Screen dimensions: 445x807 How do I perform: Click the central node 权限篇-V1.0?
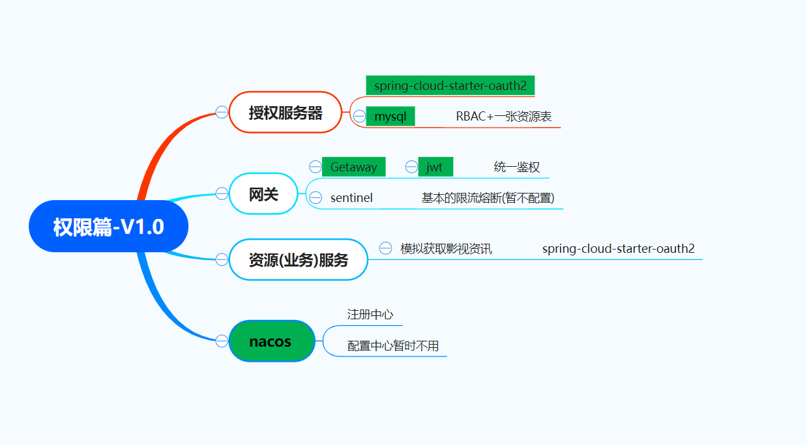(108, 227)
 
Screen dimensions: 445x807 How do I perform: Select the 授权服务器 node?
(286, 113)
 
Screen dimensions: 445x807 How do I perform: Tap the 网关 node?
(264, 194)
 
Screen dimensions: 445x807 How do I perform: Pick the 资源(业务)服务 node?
(299, 260)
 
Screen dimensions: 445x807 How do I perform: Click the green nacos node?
(271, 341)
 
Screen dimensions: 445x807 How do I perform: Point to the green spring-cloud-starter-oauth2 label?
(450, 85)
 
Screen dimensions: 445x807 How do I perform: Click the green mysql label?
(390, 117)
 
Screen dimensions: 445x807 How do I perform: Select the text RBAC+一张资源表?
(504, 117)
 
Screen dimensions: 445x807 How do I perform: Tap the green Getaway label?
(354, 167)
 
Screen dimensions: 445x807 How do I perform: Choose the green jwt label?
(435, 167)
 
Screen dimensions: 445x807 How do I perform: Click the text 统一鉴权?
(517, 167)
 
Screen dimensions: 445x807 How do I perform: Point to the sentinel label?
(351, 197)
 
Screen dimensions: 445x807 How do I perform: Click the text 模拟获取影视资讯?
(447, 248)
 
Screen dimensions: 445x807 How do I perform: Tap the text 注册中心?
(370, 314)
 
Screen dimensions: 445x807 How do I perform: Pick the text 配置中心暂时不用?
(393, 345)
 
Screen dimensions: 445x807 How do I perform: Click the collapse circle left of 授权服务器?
(222, 112)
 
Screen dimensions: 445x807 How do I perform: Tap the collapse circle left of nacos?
(222, 341)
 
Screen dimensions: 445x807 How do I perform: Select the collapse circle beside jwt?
(411, 167)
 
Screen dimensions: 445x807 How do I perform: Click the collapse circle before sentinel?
(315, 197)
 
